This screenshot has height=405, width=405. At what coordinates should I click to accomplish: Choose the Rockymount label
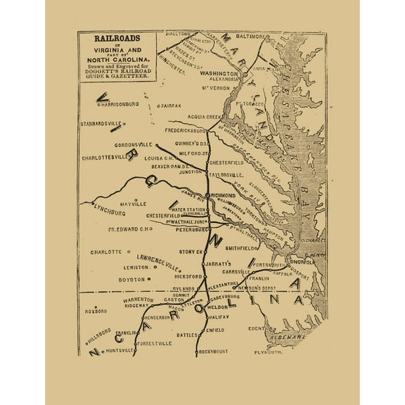click(x=216, y=350)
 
